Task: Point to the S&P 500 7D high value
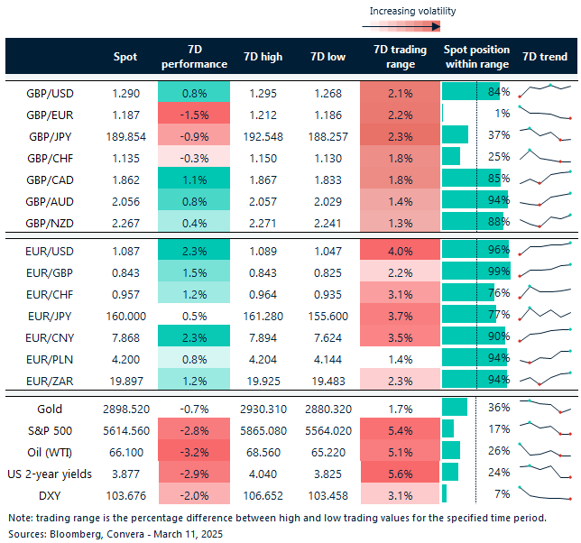coord(263,428)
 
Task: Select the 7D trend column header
coord(546,57)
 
